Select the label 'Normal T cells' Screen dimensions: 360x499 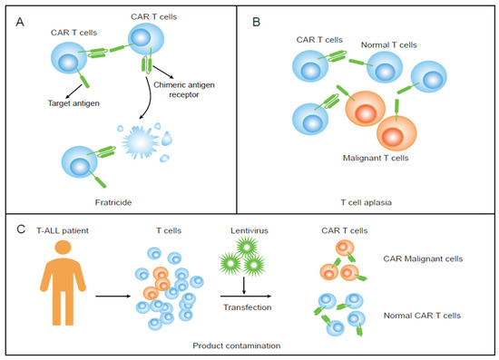click(x=385, y=44)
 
